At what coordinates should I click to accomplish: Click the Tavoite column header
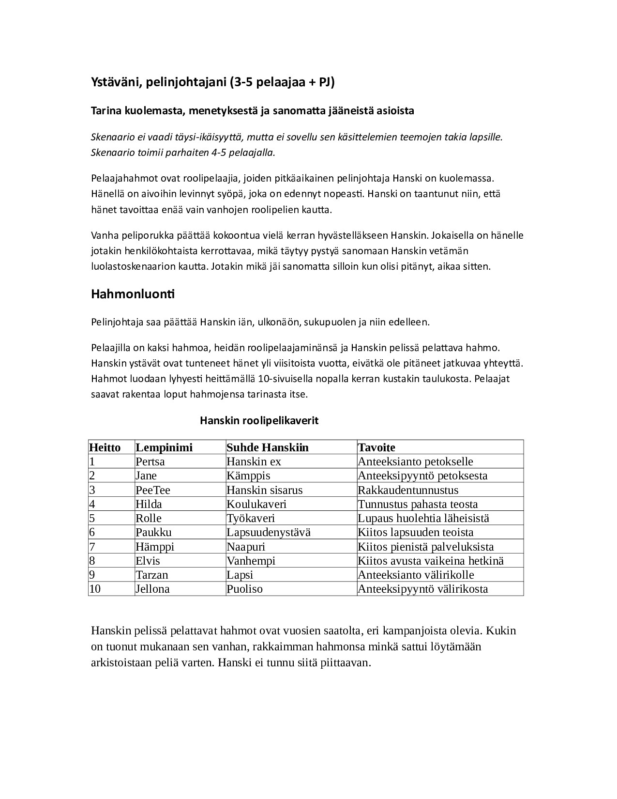pyautogui.click(x=376, y=447)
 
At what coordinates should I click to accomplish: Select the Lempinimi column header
pyautogui.click(x=164, y=447)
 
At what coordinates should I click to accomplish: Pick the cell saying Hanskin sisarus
pyautogui.click(x=264, y=490)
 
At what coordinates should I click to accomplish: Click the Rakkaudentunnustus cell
pyautogui.click(x=407, y=490)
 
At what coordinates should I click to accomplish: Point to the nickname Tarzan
pyautogui.click(x=151, y=575)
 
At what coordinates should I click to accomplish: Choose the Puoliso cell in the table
pyautogui.click(x=244, y=589)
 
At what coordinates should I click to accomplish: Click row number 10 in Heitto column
pyautogui.click(x=95, y=589)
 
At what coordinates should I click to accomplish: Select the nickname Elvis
pyautogui.click(x=148, y=561)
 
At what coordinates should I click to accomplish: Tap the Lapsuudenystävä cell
pyautogui.click(x=268, y=532)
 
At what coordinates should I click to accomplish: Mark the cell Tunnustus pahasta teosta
pyautogui.click(x=417, y=504)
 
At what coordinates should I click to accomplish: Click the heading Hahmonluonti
pyautogui.click(x=133, y=294)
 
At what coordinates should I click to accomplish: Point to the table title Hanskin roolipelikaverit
pyautogui.click(x=259, y=420)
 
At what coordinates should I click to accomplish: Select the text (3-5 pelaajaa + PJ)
pyautogui.click(x=282, y=82)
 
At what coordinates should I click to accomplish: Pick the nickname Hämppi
pyautogui.click(x=154, y=547)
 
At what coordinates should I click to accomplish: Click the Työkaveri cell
pyautogui.click(x=250, y=518)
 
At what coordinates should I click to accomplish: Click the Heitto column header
pyautogui.click(x=105, y=447)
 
